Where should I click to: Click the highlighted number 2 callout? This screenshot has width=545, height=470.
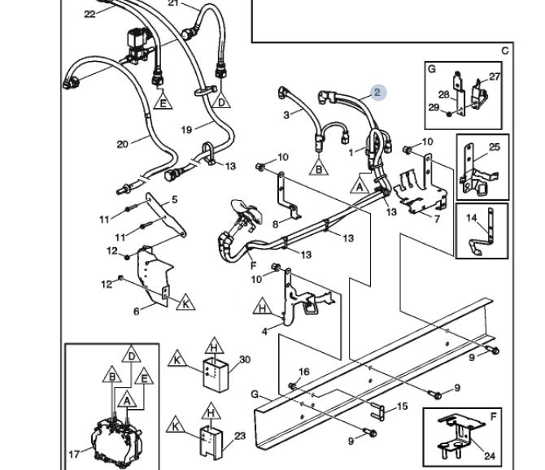click(377, 93)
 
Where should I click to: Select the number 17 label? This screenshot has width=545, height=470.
click(74, 454)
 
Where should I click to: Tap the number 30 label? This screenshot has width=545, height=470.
click(245, 359)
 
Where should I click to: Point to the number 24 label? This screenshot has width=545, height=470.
click(489, 455)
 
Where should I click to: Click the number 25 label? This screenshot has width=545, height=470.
click(495, 147)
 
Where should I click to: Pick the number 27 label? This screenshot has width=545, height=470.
click(495, 76)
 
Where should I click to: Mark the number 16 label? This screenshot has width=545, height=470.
click(303, 372)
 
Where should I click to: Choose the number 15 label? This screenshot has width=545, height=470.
click(402, 406)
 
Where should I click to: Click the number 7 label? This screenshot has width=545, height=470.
click(437, 219)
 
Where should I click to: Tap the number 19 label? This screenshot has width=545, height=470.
click(186, 130)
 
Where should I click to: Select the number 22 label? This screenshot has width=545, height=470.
click(89, 15)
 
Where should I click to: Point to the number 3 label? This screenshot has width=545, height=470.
click(286, 115)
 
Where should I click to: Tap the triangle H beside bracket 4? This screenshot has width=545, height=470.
click(263, 307)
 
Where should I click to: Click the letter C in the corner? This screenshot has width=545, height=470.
click(504, 50)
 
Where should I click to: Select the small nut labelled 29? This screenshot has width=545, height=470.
click(449, 113)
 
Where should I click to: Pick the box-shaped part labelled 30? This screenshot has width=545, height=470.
click(216, 375)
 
